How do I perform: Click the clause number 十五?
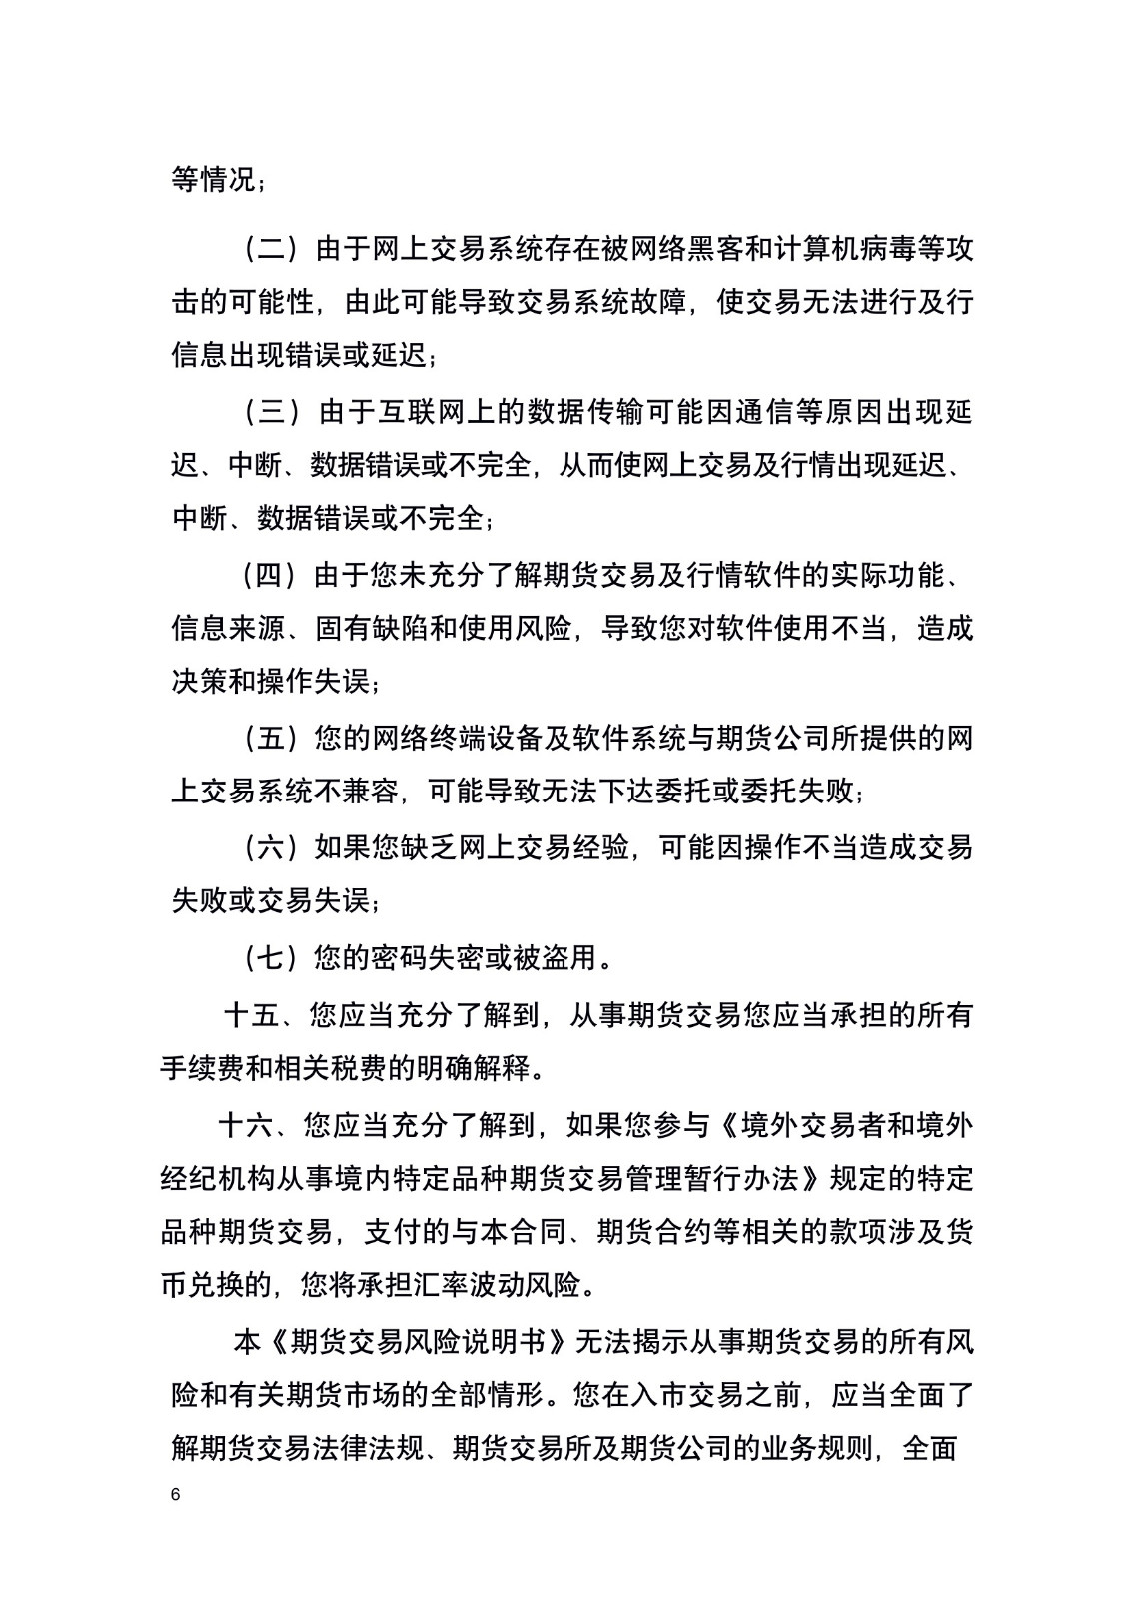(251, 1015)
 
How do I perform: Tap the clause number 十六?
(245, 1125)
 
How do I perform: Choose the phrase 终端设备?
(502, 739)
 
